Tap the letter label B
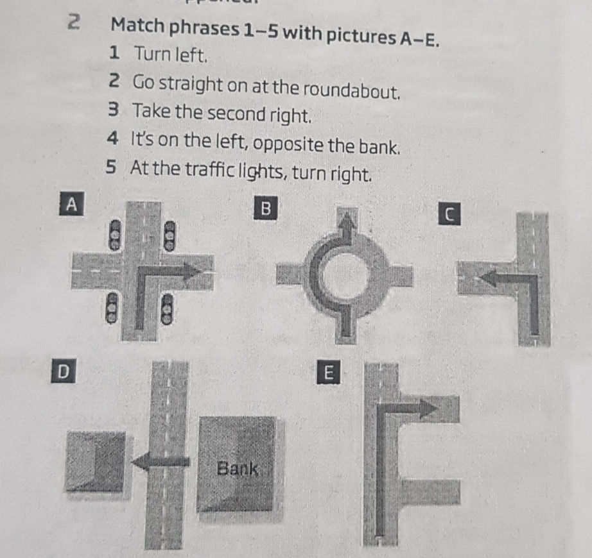(x=264, y=209)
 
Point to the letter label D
(x=62, y=371)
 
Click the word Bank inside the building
(x=237, y=469)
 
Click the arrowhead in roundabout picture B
(x=347, y=223)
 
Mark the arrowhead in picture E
(x=427, y=408)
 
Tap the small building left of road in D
(x=96, y=461)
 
